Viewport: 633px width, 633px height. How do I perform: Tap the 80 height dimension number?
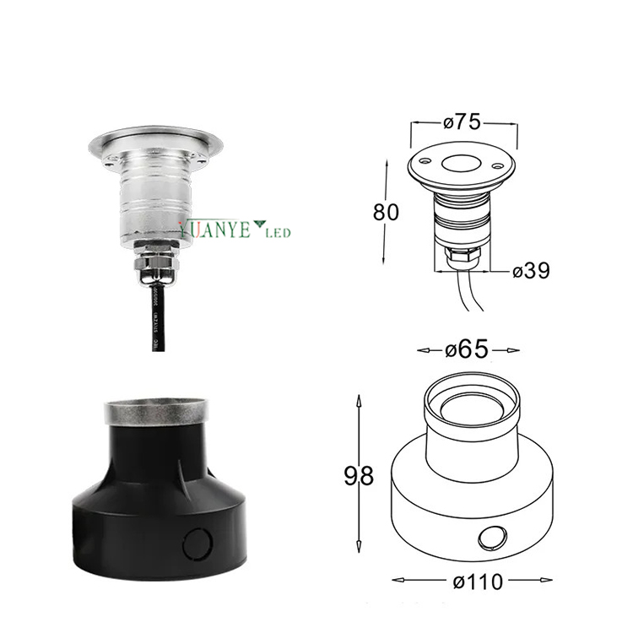(386, 210)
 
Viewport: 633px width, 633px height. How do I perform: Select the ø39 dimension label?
(531, 270)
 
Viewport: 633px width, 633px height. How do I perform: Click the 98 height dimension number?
(360, 477)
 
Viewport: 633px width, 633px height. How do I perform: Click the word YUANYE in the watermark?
(214, 229)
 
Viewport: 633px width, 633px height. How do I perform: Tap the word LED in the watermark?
(279, 231)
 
